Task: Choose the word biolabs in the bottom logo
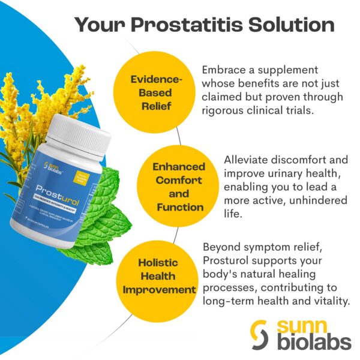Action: (x=313, y=343)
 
